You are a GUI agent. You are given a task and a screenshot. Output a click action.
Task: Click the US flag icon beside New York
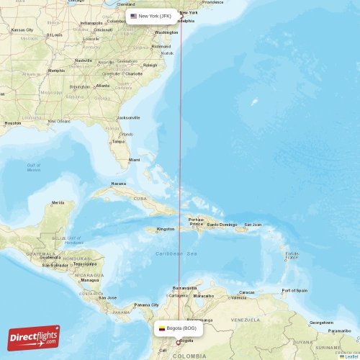click(x=134, y=16)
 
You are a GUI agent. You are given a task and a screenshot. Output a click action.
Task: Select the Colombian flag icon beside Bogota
click(x=162, y=328)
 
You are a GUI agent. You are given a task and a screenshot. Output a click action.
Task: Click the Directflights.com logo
click(x=35, y=337)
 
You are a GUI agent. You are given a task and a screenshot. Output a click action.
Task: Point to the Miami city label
click(x=135, y=159)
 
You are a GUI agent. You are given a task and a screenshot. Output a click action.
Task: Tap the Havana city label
click(x=118, y=184)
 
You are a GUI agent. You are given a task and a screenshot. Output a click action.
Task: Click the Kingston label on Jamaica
click(x=166, y=229)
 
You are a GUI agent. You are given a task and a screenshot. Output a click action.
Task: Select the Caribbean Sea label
click(x=176, y=254)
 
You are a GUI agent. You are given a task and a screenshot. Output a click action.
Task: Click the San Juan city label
click(x=253, y=225)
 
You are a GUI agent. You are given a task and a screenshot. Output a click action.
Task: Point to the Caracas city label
click(x=246, y=292)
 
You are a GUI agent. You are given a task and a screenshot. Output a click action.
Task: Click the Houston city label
click(x=12, y=123)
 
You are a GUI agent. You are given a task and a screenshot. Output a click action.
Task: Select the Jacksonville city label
click(x=129, y=117)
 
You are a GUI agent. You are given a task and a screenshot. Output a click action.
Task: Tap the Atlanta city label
click(x=102, y=86)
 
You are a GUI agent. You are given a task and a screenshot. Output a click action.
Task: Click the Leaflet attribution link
click(x=349, y=356)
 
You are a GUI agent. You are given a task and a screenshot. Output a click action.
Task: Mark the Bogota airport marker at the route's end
click(x=179, y=342)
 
